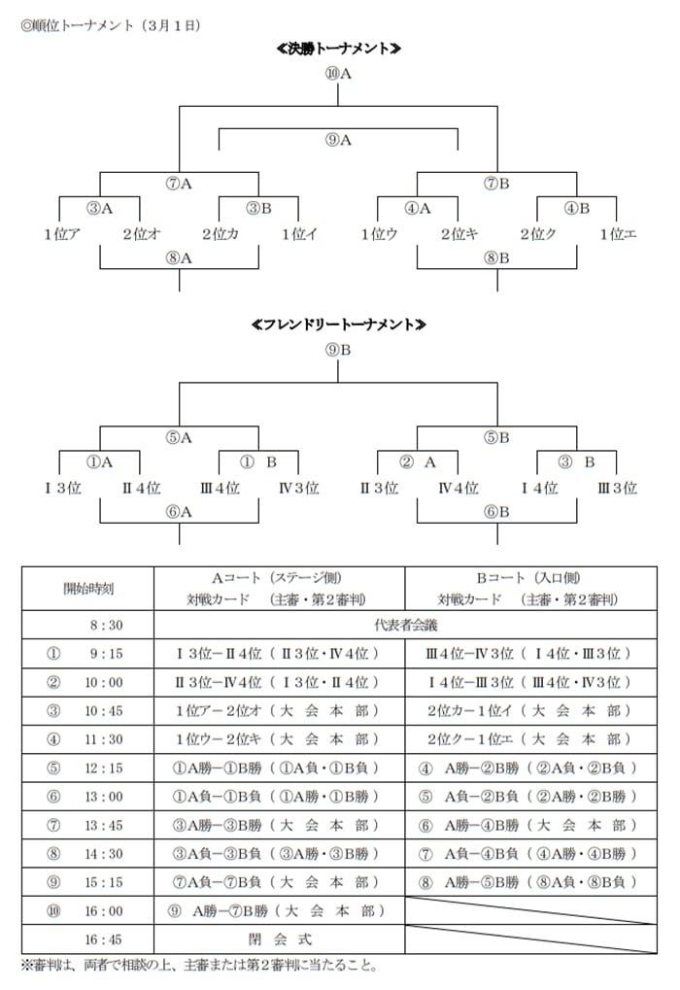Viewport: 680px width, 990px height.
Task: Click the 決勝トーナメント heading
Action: [x=339, y=49]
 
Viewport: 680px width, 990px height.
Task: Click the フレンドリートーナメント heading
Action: [x=339, y=324]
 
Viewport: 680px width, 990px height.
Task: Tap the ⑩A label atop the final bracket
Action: [x=339, y=72]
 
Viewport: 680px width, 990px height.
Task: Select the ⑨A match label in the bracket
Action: [x=338, y=140]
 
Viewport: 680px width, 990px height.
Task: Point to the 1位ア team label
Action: [x=61, y=234]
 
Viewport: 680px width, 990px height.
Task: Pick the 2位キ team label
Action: [x=458, y=234]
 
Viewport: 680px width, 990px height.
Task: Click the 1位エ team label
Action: [x=618, y=234]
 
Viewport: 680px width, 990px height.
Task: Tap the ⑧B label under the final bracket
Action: [x=497, y=257]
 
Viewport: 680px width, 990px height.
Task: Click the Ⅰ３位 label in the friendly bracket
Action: [x=61, y=488]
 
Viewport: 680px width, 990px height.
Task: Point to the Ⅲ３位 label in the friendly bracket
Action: [x=617, y=488]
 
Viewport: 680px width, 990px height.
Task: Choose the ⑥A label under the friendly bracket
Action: [x=180, y=512]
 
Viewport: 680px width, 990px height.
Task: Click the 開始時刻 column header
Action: [x=88, y=588]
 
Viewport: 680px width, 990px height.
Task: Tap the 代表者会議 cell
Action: [x=404, y=625]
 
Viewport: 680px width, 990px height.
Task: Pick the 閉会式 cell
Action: [x=280, y=939]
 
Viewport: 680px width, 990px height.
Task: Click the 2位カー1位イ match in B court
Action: [x=530, y=710]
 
